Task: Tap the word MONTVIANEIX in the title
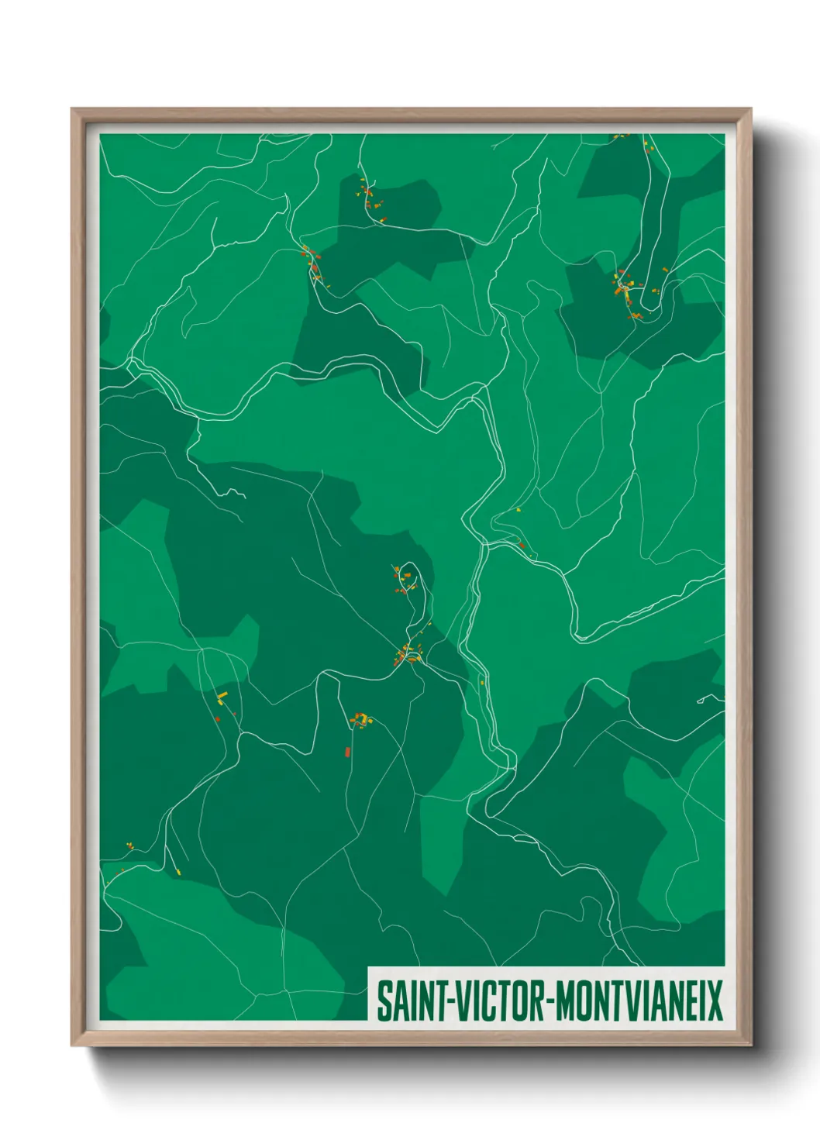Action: coord(639,1001)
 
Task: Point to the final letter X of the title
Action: coord(715,1001)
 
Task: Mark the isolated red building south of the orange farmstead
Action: coord(347,751)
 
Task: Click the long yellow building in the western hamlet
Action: coord(222,695)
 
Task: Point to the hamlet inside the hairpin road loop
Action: coord(403,577)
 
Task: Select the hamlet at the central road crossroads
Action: coord(408,656)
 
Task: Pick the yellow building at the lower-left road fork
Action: coord(177,872)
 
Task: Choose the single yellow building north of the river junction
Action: coord(518,510)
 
